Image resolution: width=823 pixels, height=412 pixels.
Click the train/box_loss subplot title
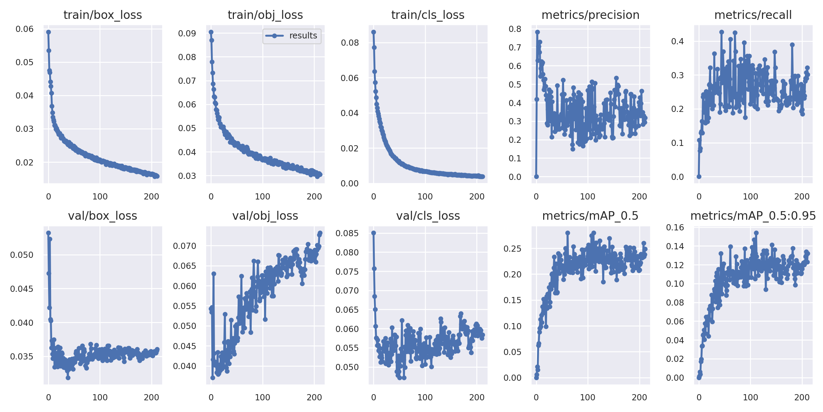pos(103,15)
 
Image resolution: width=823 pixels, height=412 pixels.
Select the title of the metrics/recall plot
pos(753,15)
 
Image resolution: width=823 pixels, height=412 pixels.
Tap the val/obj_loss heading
pos(265,216)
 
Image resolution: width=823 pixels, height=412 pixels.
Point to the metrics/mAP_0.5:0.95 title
pos(753,216)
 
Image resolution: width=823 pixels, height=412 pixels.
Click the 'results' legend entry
pos(303,36)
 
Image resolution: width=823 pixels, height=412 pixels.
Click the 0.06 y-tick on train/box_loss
pos(25,29)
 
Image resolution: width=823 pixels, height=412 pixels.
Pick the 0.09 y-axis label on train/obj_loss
pos(187,34)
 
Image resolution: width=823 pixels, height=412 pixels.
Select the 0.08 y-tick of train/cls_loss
pos(350,43)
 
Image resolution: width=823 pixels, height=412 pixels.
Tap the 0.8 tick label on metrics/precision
pos(515,29)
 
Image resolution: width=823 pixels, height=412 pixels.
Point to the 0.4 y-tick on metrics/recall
pos(678,42)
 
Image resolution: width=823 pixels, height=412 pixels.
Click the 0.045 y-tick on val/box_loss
pos(22,289)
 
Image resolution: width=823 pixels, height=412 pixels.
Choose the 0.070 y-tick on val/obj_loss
pos(184,246)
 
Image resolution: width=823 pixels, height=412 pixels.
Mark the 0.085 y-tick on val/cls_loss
pos(347,233)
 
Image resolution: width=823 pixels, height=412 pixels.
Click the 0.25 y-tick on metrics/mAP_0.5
pos(512,249)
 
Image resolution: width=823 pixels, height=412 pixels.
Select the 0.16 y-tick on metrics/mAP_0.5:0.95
pos(675,228)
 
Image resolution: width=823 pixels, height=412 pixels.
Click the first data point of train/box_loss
pos(48,32)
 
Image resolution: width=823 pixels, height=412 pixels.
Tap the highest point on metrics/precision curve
pos(537,32)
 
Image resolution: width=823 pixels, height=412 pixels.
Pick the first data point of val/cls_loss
pos(374,233)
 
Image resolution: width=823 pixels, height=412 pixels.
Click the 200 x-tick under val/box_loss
pos(151,398)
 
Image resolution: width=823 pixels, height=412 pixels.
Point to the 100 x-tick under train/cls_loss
pos(425,197)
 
